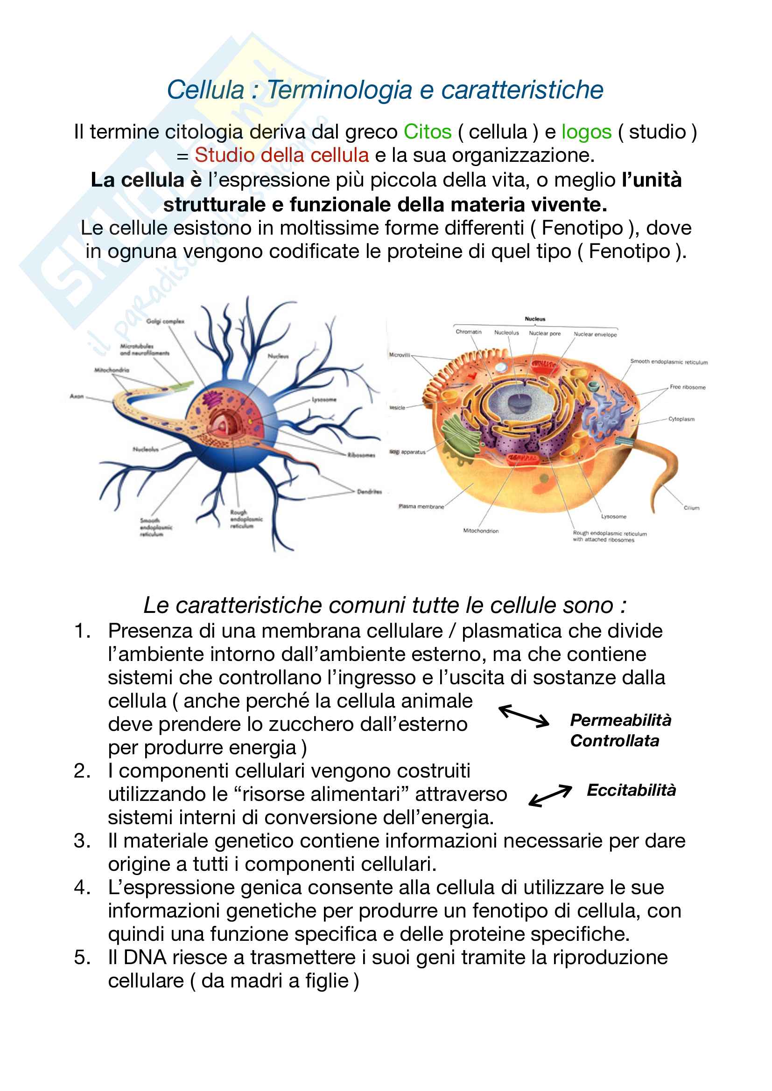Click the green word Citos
pyautogui.click(x=427, y=132)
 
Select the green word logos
pyautogui.click(x=586, y=132)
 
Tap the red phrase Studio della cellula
pyautogui.click(x=281, y=155)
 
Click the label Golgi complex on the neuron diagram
pyautogui.click(x=165, y=321)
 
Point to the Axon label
pyautogui.click(x=77, y=396)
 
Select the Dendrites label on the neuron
pyautogui.click(x=369, y=492)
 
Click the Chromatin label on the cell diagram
pyautogui.click(x=468, y=332)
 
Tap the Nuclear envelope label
pyautogui.click(x=595, y=334)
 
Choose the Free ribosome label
pyautogui.click(x=688, y=387)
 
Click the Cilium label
pyautogui.click(x=691, y=508)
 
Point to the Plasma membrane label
pyautogui.click(x=421, y=507)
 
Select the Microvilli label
pyautogui.click(x=400, y=355)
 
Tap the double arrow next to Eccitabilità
pyautogui.click(x=550, y=795)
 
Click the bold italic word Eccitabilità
pyautogui.click(x=631, y=790)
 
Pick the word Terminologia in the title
pyautogui.click(x=339, y=90)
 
